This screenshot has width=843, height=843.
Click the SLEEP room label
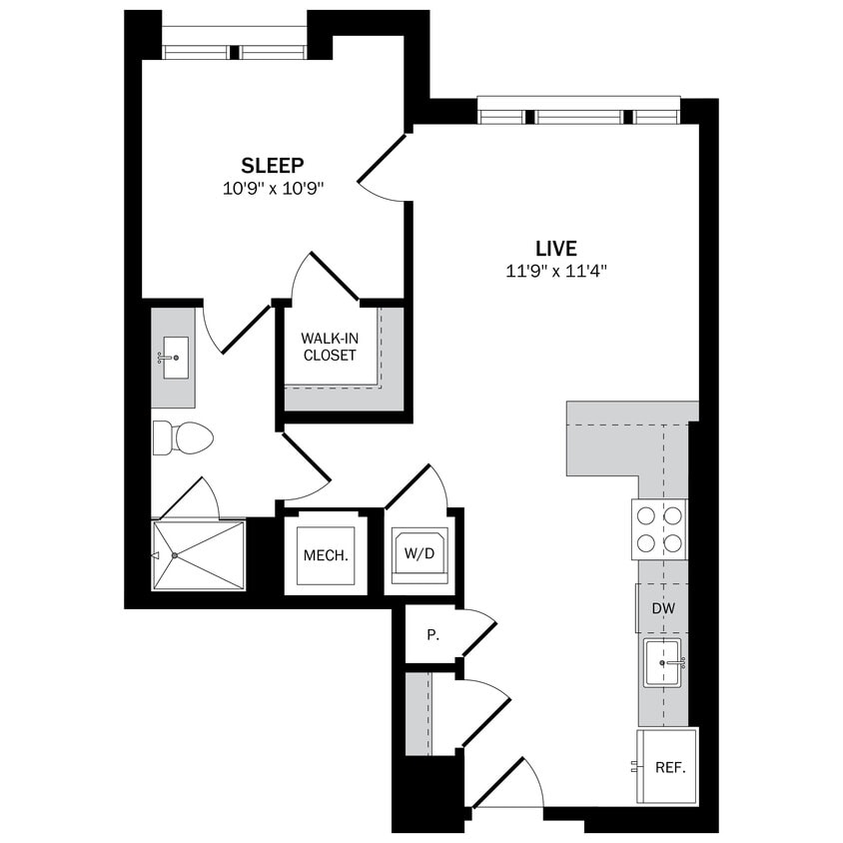[273, 165]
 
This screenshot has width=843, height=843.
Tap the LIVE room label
[555, 249]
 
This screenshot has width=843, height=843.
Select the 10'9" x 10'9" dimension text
[273, 187]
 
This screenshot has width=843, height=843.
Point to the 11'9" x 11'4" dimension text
[555, 271]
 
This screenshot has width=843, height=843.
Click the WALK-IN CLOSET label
[329, 346]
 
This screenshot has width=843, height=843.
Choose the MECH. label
[326, 555]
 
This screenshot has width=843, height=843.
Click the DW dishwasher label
[662, 607]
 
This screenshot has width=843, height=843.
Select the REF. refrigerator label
[668, 768]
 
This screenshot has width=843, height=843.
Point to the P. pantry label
[433, 634]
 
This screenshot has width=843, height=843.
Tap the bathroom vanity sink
[174, 357]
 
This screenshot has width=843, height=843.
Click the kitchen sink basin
[662, 663]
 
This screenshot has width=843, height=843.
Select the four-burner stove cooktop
[659, 529]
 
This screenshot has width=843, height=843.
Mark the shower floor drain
[174, 555]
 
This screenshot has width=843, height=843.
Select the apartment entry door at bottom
[504, 784]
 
